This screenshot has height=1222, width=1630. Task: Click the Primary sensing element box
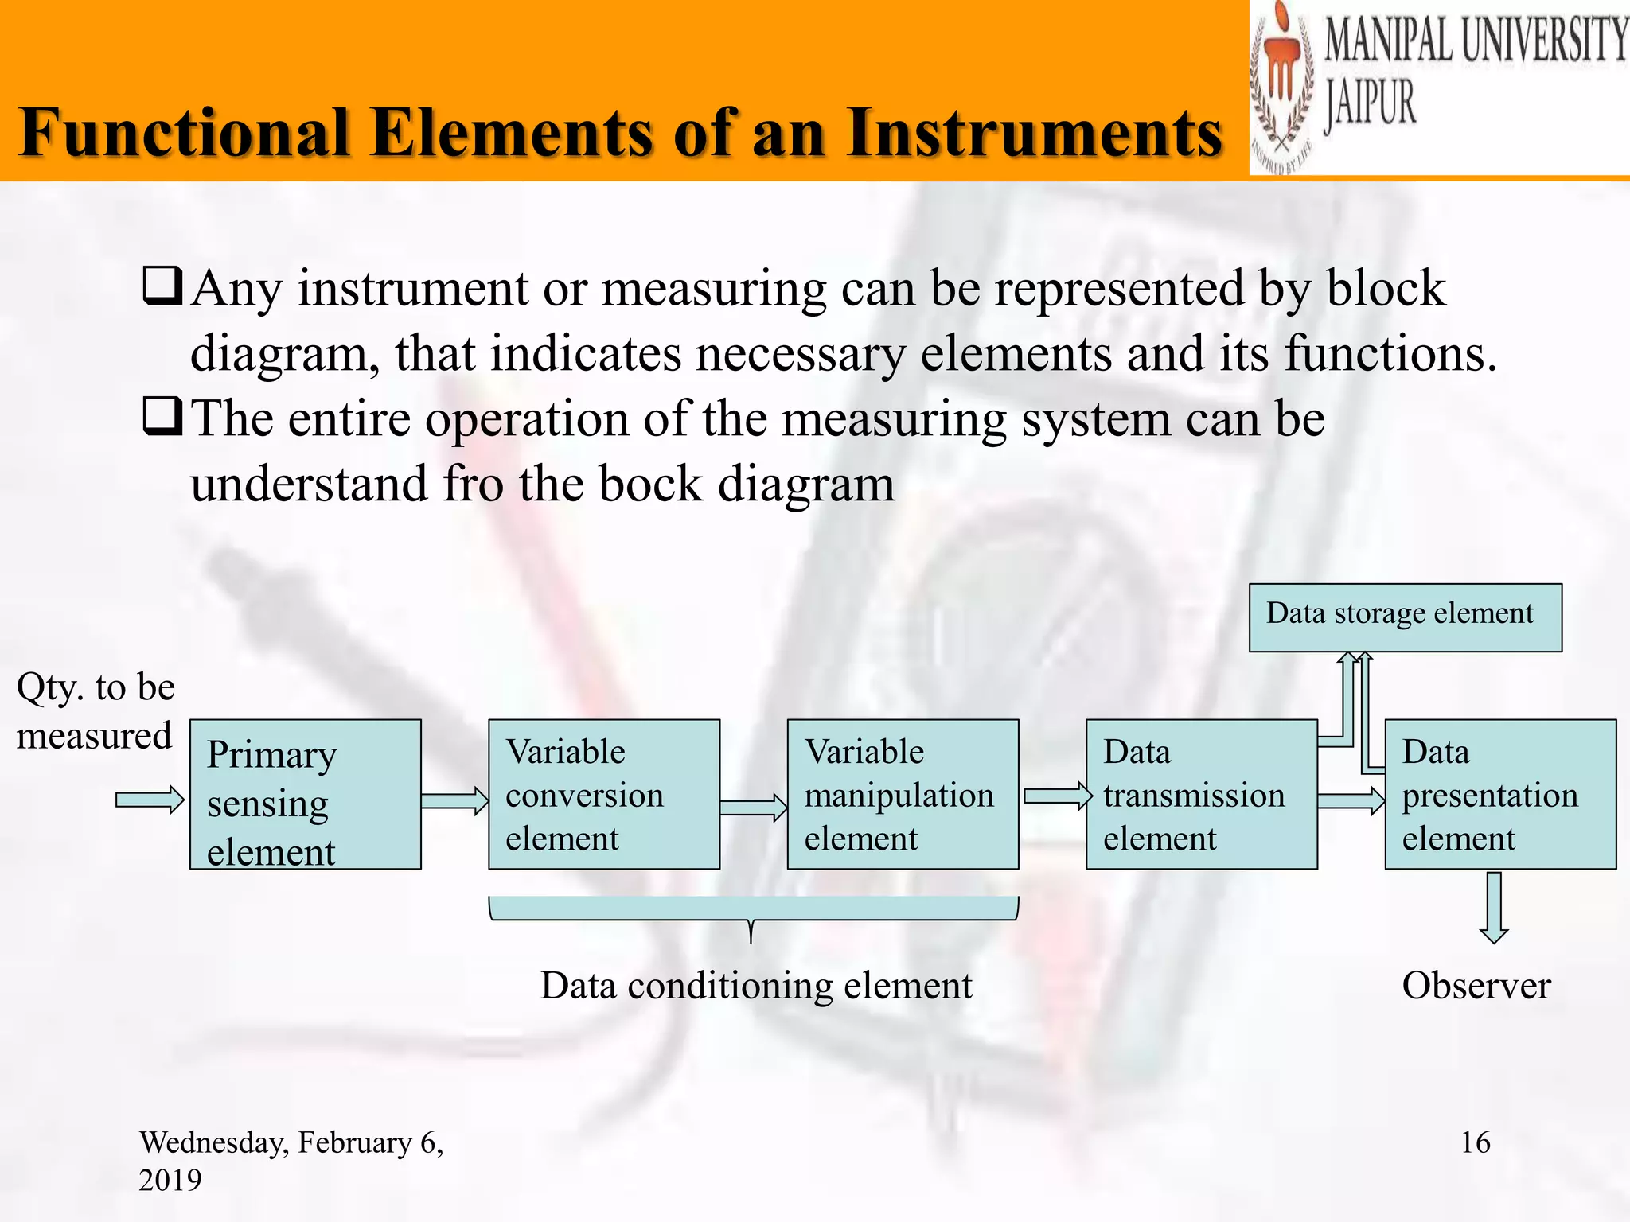point(305,794)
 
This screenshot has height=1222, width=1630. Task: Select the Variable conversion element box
point(603,794)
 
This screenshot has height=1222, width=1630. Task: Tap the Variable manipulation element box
point(903,794)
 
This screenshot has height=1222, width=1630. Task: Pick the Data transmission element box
point(1201,794)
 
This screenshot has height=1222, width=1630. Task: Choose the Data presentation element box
point(1500,794)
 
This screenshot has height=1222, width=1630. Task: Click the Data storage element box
point(1405,617)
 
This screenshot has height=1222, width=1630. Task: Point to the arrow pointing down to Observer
point(1494,908)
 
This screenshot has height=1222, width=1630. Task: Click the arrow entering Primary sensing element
point(150,800)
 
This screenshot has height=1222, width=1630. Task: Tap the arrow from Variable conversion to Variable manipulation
point(753,808)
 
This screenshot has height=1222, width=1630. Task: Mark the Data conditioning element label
point(755,986)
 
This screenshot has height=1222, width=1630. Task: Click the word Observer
point(1476,986)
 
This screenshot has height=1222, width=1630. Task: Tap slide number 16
point(1475,1142)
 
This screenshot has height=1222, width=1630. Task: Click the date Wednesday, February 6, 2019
point(291,1160)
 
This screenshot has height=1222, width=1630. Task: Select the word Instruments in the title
point(1033,133)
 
